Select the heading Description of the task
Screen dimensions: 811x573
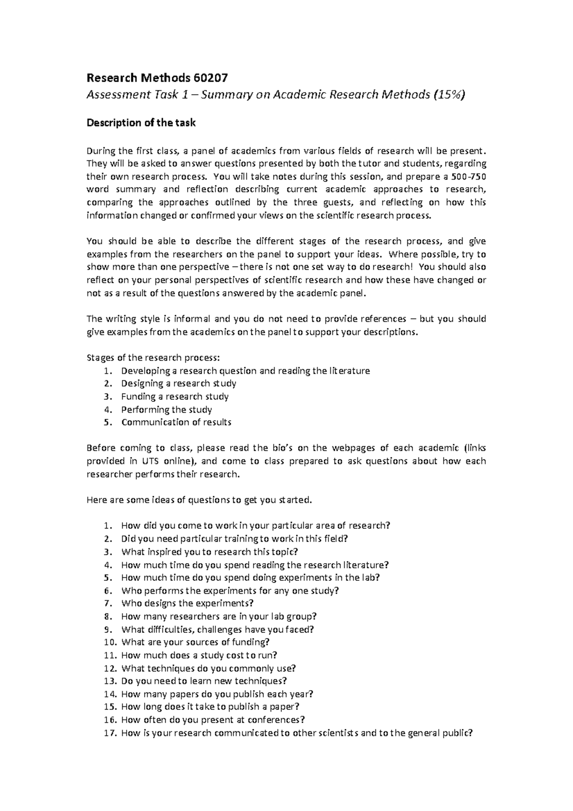(140, 123)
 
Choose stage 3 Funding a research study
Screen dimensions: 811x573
(175, 396)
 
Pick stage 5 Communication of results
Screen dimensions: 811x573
(176, 422)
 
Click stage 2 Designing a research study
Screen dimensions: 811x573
(179, 384)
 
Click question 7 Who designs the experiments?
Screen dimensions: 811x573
(187, 603)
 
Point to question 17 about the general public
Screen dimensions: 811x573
(296, 733)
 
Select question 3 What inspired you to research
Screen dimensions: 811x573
(209, 552)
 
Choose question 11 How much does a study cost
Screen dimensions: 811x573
(199, 655)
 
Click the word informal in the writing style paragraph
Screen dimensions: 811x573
(190, 319)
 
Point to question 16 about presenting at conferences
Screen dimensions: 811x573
(213, 720)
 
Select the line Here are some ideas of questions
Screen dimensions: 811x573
(199, 500)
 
